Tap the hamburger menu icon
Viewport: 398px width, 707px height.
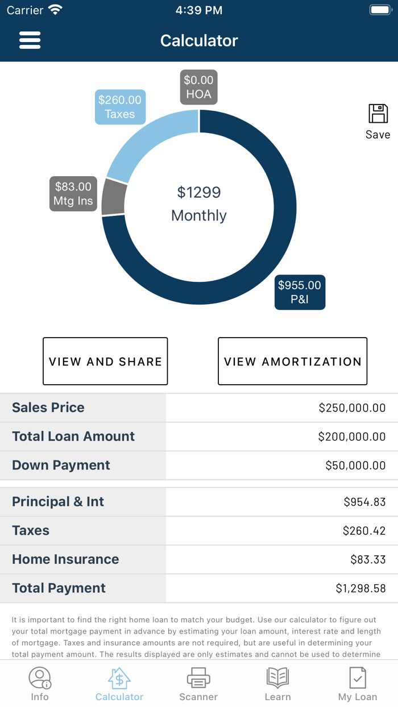(30, 40)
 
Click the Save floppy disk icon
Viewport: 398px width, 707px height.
(378, 114)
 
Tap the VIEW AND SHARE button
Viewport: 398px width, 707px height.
(105, 361)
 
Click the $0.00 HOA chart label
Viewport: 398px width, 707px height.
(198, 87)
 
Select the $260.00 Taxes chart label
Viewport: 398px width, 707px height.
(120, 107)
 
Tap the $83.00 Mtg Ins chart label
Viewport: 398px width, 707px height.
(73, 194)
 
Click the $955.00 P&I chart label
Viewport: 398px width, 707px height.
(300, 292)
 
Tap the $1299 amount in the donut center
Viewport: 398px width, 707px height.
(199, 193)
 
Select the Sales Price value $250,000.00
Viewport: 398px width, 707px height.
(352, 407)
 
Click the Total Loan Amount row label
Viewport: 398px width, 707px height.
(73, 436)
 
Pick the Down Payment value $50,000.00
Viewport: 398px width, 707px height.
(355, 465)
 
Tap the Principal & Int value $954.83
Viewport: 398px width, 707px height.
(364, 502)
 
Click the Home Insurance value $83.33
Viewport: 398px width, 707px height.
(368, 559)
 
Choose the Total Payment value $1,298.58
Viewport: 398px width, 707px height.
(360, 588)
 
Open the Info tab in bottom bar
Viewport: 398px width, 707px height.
(40, 684)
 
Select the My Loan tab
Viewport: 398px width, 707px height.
(358, 684)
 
